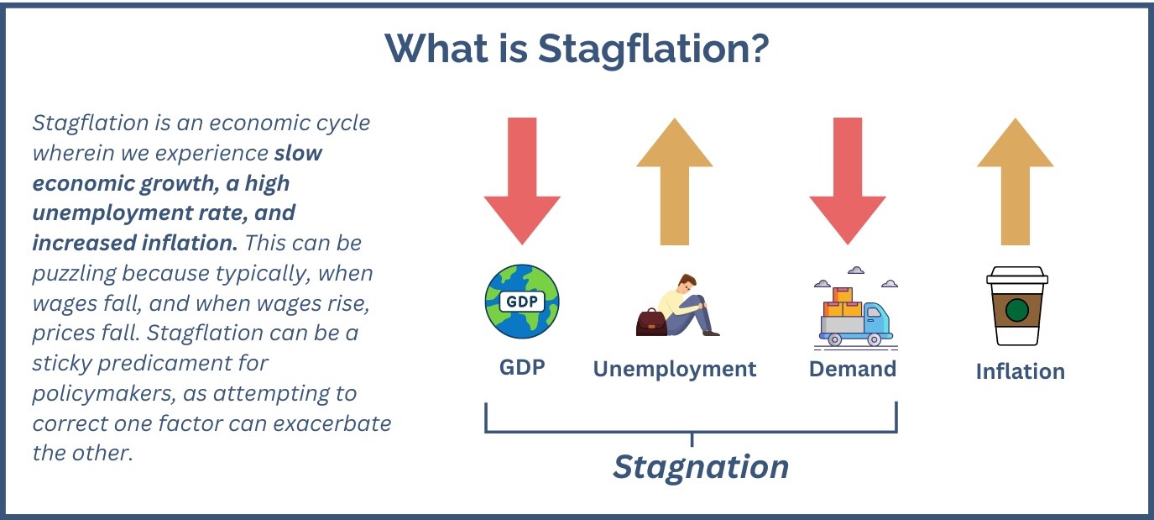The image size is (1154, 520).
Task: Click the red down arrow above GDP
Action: (522, 181)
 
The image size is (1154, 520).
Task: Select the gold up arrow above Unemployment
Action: (675, 181)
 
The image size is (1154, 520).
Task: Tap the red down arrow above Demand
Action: (848, 181)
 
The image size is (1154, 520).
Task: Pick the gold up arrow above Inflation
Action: (1015, 181)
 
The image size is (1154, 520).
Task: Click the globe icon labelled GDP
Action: (522, 302)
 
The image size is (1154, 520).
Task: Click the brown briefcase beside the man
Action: (651, 323)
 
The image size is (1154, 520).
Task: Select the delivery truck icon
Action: (856, 316)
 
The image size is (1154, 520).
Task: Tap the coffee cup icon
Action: (1017, 306)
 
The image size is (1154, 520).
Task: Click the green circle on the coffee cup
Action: (1017, 310)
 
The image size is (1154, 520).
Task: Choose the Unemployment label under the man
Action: (675, 370)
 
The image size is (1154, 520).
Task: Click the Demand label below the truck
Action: (853, 370)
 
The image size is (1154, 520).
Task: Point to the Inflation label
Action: (1020, 371)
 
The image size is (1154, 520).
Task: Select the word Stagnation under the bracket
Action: (701, 467)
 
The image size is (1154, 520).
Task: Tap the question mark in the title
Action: (757, 48)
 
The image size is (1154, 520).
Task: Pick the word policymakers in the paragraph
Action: (101, 394)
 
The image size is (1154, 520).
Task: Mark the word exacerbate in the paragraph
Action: (332, 423)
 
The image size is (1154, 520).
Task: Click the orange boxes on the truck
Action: (843, 302)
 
